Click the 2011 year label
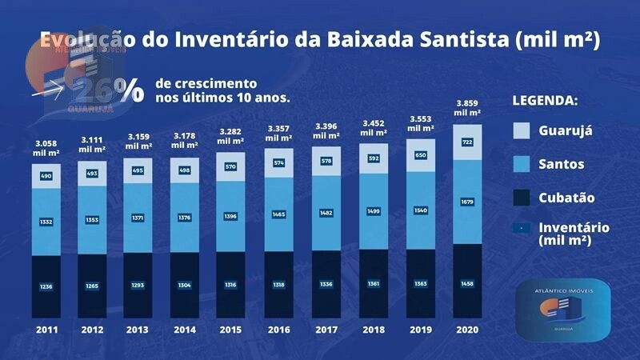pyautogui.click(x=46, y=330)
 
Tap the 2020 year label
pyautogui.click(x=467, y=330)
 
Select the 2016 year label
pyautogui.click(x=280, y=330)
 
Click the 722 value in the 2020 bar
pyautogui.click(x=467, y=142)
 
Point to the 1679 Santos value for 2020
pyautogui.click(x=467, y=202)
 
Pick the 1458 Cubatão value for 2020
pyautogui.click(x=467, y=284)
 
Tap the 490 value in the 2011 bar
pyautogui.click(x=46, y=176)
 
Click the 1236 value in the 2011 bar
pyautogui.click(x=46, y=286)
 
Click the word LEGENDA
pyautogui.click(x=545, y=102)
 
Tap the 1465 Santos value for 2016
pyautogui.click(x=280, y=214)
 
